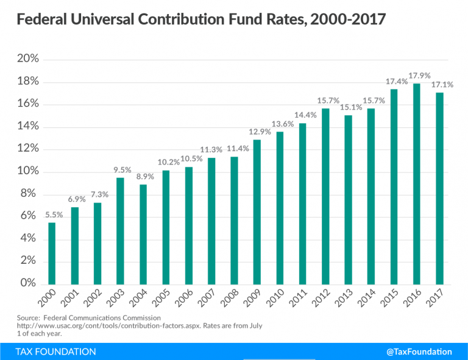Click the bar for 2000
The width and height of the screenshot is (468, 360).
(52, 253)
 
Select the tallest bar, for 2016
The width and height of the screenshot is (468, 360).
(417, 183)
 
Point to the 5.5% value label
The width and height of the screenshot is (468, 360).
(52, 215)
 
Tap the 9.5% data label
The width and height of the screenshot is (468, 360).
(121, 170)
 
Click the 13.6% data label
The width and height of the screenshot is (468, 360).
(280, 124)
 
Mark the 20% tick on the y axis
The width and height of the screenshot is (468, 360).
(29, 60)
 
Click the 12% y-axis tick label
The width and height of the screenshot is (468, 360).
(29, 149)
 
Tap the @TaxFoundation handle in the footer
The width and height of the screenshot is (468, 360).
(419, 351)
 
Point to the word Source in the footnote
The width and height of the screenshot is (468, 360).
(28, 317)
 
